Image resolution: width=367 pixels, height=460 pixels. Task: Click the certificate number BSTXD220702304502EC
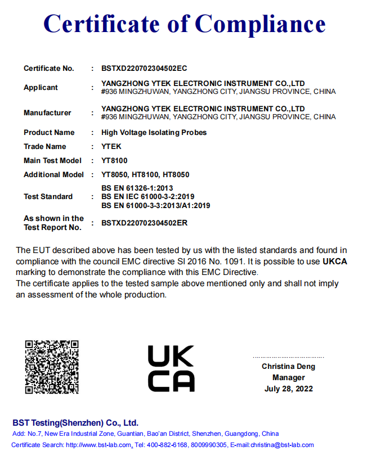click(144, 69)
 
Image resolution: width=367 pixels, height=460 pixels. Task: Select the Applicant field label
click(41, 87)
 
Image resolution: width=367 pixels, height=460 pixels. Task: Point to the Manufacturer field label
click(47, 112)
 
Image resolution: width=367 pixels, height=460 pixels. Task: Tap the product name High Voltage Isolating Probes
click(154, 133)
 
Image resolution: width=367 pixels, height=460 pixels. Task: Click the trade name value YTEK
click(111, 147)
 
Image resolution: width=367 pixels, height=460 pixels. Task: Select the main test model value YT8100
click(114, 161)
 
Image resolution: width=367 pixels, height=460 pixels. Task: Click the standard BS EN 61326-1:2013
click(137, 188)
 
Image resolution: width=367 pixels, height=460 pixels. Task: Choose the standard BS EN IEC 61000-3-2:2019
click(147, 197)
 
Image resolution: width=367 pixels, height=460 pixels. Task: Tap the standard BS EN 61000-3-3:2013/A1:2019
click(155, 206)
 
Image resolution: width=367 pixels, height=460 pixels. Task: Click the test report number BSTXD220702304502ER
click(144, 223)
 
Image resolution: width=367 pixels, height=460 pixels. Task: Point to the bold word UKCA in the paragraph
click(334, 261)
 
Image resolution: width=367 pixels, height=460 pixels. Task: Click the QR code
click(52, 367)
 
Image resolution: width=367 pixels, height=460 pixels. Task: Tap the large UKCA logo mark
click(171, 368)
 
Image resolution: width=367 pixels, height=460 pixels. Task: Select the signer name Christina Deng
click(288, 367)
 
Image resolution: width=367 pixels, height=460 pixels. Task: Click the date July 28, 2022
click(288, 389)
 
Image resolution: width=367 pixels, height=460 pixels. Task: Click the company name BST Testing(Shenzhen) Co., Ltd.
click(75, 423)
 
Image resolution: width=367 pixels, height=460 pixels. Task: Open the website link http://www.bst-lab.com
click(99, 445)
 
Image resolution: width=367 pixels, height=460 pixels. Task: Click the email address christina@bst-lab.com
click(280, 445)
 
